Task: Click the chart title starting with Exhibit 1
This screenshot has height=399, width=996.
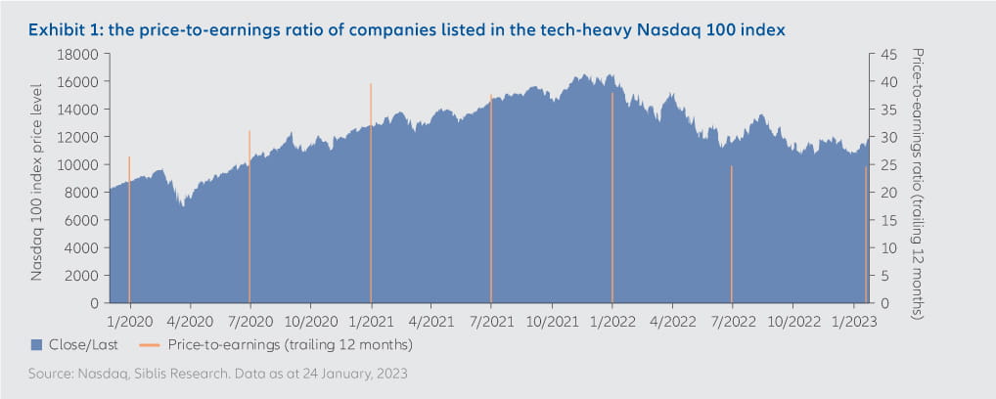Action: point(406,30)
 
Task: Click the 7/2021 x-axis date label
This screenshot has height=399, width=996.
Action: point(490,320)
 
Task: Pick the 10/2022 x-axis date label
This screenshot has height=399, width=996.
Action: point(792,320)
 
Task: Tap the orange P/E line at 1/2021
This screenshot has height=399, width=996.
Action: point(371,196)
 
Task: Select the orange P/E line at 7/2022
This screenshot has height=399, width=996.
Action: point(732,235)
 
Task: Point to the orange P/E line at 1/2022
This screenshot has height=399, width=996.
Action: point(611,196)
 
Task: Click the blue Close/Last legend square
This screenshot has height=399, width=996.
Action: point(37,344)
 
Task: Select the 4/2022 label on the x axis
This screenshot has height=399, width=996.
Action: point(671,320)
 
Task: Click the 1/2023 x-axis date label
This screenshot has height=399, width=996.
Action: point(852,320)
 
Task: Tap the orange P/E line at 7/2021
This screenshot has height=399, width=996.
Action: point(491,196)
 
